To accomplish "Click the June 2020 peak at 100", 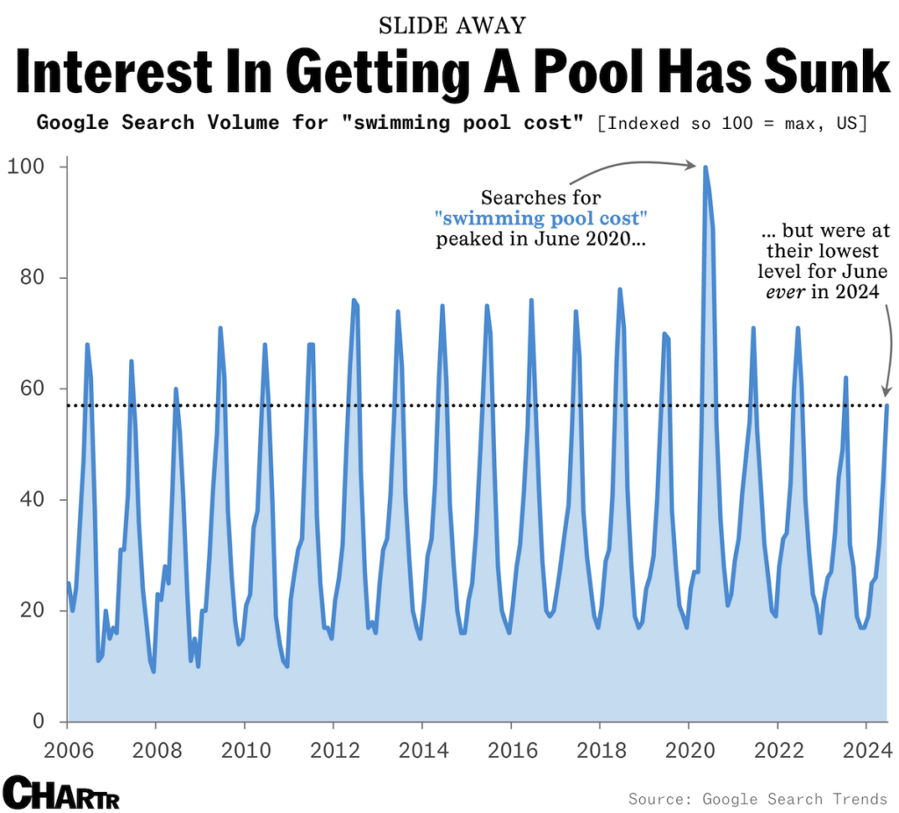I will tap(705, 168).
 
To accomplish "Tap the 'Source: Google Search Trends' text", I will tap(758, 799).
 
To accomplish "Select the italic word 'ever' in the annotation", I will tap(787, 293).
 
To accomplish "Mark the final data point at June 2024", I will tap(887, 405).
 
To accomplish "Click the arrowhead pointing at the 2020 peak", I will tap(694, 165).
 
